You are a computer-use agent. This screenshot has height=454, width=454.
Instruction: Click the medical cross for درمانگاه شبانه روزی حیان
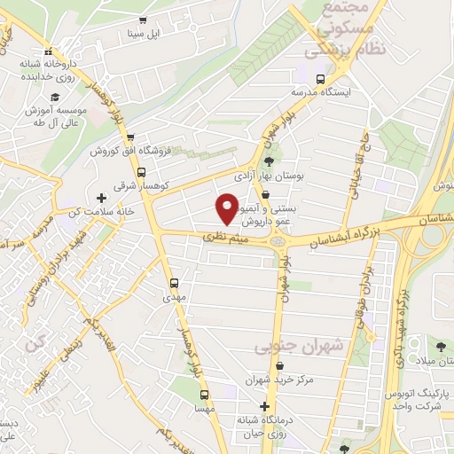click(x=264, y=406)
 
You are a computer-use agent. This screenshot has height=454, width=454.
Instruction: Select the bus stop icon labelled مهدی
click(x=175, y=284)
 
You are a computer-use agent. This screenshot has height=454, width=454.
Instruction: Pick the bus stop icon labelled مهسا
click(x=204, y=395)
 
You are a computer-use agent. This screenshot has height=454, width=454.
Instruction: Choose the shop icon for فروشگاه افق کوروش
click(x=130, y=137)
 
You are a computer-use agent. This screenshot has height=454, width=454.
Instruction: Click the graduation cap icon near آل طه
click(x=54, y=97)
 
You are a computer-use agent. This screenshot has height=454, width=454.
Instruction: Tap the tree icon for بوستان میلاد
click(x=441, y=346)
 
